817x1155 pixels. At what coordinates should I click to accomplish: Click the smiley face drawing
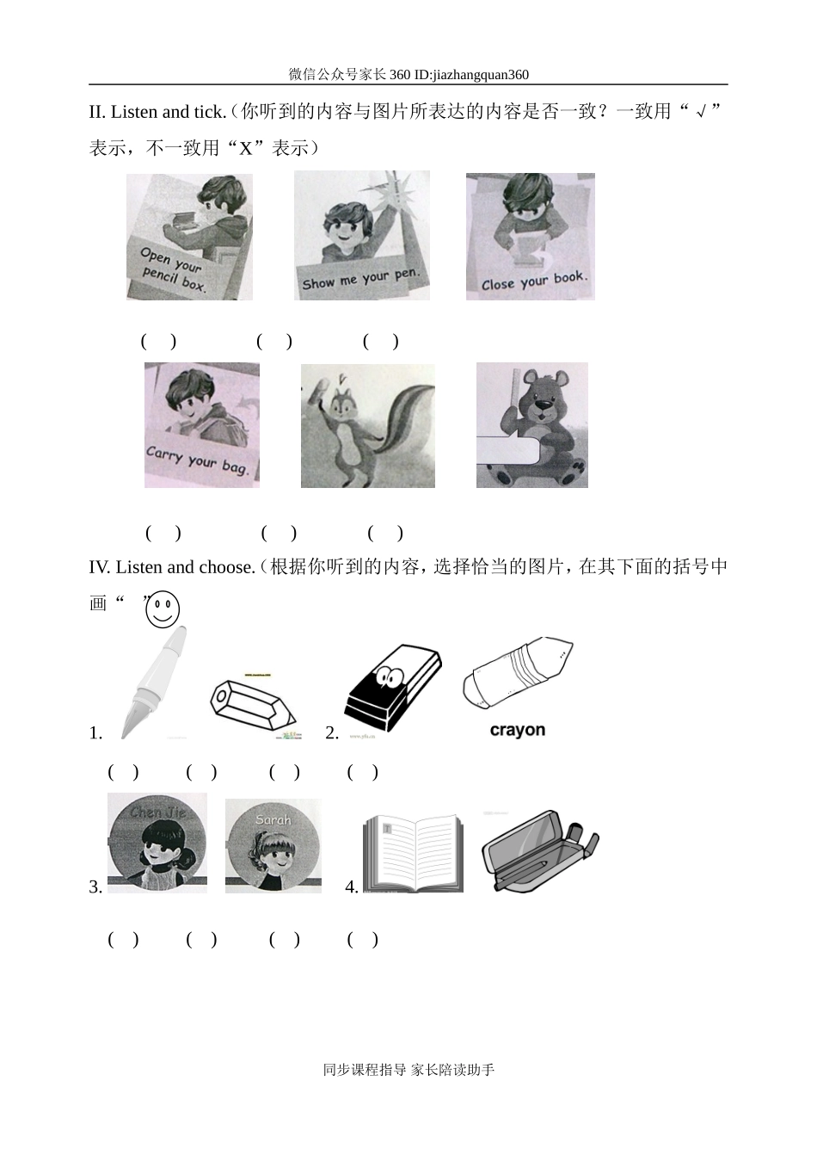(163, 609)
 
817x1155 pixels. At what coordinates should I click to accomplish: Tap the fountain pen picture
(156, 682)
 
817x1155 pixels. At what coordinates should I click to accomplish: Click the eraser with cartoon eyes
(391, 689)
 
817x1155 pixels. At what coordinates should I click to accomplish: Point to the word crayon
(517, 731)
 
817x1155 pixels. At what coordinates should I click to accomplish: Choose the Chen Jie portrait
(157, 843)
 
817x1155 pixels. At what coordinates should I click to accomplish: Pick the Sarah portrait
(273, 846)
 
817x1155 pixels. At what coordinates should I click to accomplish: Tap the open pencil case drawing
(539, 849)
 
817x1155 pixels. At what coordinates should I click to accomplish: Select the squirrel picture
(367, 426)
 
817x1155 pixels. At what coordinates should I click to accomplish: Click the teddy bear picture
(532, 425)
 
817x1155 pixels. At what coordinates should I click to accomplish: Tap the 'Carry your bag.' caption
(198, 460)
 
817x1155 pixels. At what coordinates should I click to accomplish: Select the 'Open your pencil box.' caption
(174, 269)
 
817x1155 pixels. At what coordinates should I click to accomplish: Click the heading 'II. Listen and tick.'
(157, 112)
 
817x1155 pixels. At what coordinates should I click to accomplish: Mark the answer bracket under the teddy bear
(385, 533)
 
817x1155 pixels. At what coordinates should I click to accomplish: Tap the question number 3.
(95, 887)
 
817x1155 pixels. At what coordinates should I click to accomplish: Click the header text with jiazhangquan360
(408, 75)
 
